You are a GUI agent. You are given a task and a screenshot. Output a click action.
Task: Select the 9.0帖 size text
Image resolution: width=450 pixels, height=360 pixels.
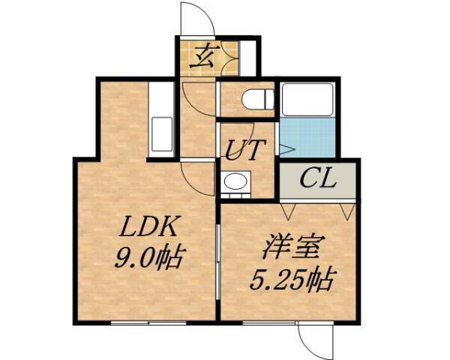[x=148, y=257]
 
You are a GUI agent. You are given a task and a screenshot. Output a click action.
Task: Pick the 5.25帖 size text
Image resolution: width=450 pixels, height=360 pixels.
[x=291, y=280]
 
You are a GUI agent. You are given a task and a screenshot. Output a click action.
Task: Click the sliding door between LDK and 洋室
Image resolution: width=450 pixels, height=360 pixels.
[x=217, y=255]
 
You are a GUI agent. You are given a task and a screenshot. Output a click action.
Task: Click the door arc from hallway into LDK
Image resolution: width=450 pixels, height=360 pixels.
[x=193, y=180]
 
